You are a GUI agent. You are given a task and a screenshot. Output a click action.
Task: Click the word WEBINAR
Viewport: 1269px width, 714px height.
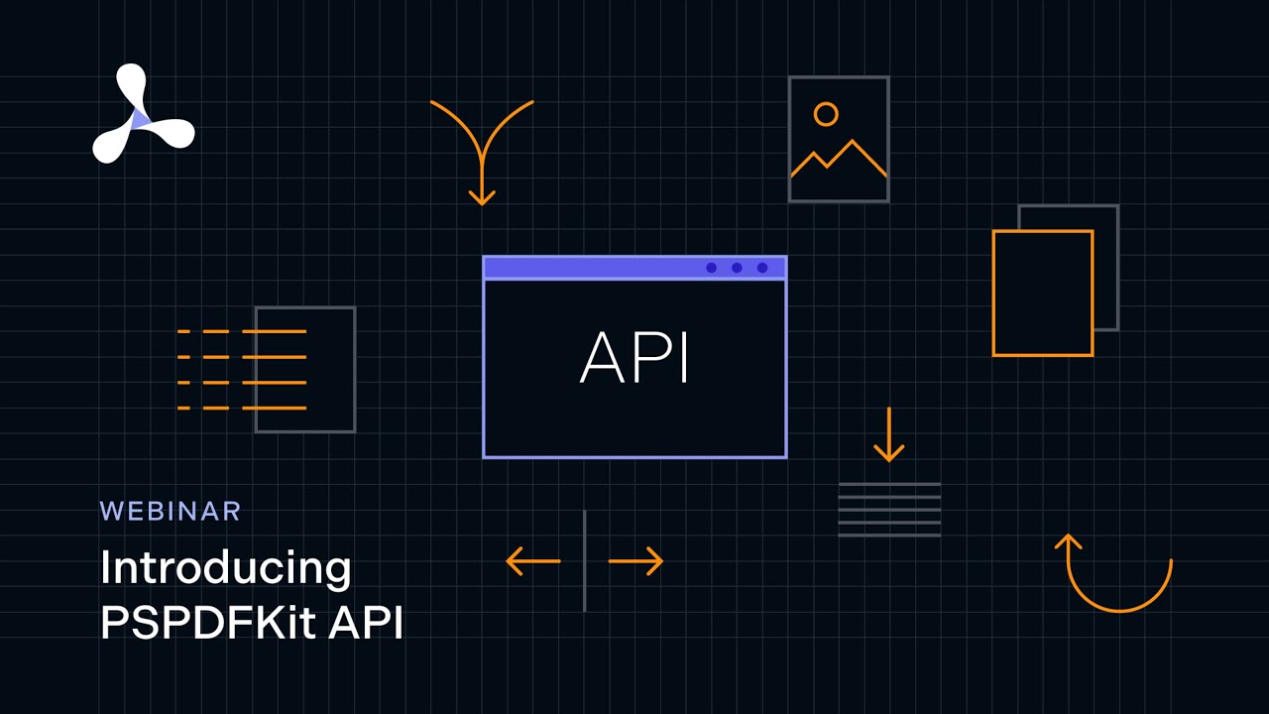[x=171, y=511]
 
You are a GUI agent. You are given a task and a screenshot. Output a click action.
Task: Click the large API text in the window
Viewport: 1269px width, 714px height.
[x=634, y=357]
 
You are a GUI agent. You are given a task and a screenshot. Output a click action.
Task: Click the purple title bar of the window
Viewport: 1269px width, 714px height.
[x=595, y=268]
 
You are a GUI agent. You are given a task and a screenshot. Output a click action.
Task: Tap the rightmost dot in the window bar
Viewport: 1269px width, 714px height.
[x=762, y=268]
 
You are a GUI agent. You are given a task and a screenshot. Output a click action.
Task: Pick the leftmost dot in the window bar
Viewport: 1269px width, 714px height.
[x=711, y=268]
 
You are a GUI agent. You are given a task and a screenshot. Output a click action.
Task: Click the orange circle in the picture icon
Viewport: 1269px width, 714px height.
[x=825, y=114]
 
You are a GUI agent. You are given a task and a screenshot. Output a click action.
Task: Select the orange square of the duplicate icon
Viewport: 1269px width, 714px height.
[x=1042, y=293]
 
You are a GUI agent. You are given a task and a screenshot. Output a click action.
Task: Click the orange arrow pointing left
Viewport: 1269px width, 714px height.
[x=532, y=561]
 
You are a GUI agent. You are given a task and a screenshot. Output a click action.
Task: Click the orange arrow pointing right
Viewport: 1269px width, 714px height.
[x=635, y=561]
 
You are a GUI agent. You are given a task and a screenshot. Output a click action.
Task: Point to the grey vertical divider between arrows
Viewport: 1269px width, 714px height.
[x=585, y=561]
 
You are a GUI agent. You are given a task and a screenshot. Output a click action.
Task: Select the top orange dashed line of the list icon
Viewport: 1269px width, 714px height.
[x=242, y=331]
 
